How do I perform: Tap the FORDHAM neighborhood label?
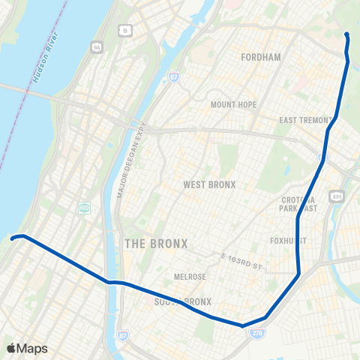261,57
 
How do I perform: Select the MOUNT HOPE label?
233,104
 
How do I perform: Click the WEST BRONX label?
209,184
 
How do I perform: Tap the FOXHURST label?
288,241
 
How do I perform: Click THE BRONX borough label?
157,244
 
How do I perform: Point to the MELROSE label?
190,277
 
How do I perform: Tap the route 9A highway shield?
97,48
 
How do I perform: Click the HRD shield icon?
85,207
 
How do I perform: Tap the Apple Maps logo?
27,348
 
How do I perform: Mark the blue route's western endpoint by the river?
13,238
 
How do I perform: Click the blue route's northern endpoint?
346,34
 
